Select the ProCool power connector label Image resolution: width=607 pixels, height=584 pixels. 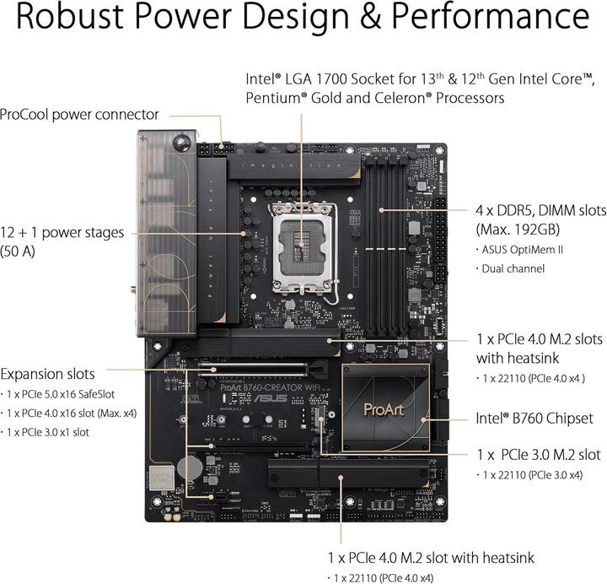80,114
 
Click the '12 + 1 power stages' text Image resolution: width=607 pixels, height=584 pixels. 62,232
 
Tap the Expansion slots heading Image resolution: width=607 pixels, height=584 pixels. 48,373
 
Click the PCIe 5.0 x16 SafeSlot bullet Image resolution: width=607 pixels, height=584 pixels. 72,394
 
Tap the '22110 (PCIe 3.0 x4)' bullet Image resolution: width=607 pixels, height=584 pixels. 531,475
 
